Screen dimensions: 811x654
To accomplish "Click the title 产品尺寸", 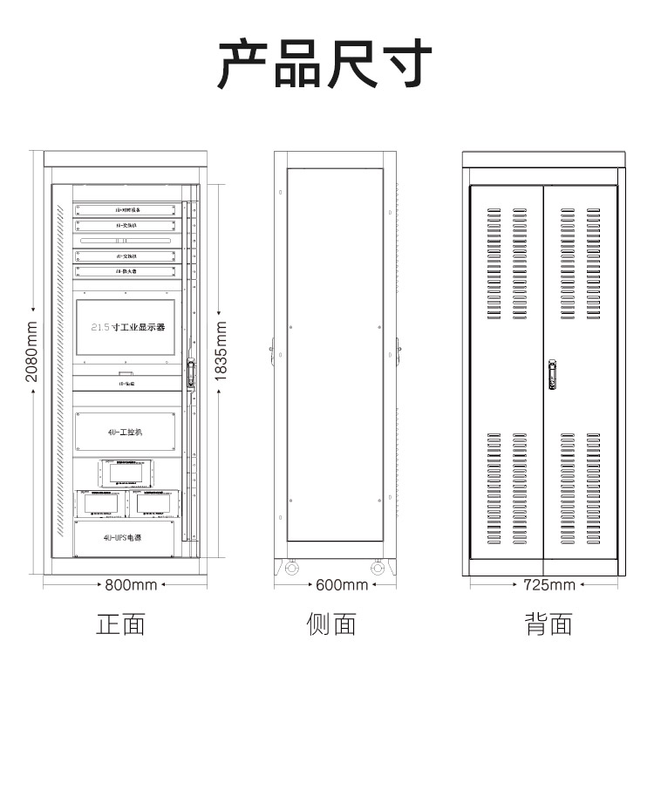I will [x=325, y=65].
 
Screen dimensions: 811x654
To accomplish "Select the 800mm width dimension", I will [x=131, y=584].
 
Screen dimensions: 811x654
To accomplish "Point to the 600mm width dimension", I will [x=341, y=584].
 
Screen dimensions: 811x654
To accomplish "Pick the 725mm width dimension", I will [x=548, y=584].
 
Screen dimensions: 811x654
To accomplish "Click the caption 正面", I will [x=120, y=624].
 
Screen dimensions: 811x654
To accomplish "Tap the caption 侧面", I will [x=331, y=624].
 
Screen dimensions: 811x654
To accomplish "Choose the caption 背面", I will [x=548, y=624].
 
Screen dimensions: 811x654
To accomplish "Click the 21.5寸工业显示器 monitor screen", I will [x=126, y=327].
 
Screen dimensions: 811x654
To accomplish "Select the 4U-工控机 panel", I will [x=127, y=433].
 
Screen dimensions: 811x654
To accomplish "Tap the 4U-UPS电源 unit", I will [x=126, y=538].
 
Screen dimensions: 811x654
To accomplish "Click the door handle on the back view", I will [x=552, y=374].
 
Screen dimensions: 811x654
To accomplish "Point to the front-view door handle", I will [x=189, y=374].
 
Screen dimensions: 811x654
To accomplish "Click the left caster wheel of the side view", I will [x=290, y=569].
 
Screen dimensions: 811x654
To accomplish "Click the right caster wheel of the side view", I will [x=378, y=569].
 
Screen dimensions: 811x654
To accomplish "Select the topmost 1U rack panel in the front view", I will [x=127, y=210].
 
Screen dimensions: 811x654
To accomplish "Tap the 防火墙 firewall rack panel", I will [x=127, y=271].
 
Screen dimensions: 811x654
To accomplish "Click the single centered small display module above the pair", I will [x=126, y=474].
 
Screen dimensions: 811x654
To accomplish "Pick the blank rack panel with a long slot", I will [x=127, y=240].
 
